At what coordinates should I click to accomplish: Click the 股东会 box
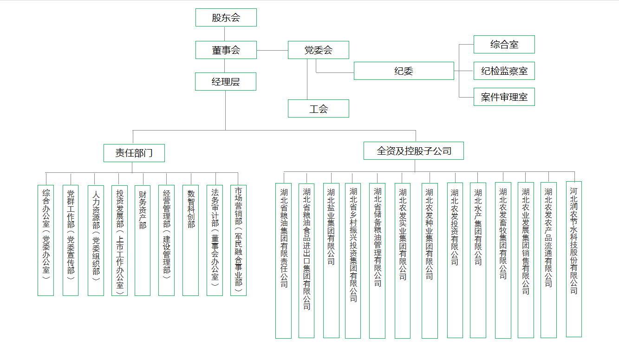[226, 18]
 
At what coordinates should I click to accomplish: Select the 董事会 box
[226, 50]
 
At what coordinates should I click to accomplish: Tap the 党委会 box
[318, 50]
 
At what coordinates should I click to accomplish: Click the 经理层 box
[225, 82]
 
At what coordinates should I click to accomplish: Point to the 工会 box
[318, 109]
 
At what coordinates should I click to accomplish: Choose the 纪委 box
[404, 71]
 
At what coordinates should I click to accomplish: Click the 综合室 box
[504, 45]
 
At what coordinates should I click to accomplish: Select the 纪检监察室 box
[504, 71]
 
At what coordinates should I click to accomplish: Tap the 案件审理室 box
[504, 97]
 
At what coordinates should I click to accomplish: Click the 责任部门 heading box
[134, 153]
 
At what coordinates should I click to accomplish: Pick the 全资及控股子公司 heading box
[414, 151]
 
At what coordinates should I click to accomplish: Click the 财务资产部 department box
[143, 241]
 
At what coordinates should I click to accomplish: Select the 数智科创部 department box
[190, 241]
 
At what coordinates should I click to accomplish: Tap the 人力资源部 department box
[96, 241]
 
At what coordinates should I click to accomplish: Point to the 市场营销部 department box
[238, 241]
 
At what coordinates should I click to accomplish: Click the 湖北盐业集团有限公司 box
[331, 260]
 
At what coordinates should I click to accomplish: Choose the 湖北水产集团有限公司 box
[478, 260]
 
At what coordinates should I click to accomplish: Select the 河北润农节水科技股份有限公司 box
[574, 259]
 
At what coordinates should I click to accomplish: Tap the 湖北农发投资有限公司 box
[455, 260]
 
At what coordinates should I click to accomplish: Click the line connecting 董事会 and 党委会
[272, 50]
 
